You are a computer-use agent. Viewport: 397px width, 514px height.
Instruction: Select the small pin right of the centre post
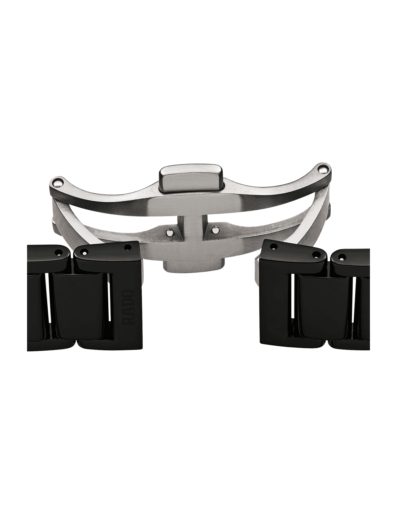click(214, 230)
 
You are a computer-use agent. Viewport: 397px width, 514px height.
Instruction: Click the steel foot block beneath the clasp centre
click(193, 265)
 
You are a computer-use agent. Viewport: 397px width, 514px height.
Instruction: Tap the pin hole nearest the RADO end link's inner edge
click(128, 247)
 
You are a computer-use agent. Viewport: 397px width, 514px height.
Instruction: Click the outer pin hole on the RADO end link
click(84, 252)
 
